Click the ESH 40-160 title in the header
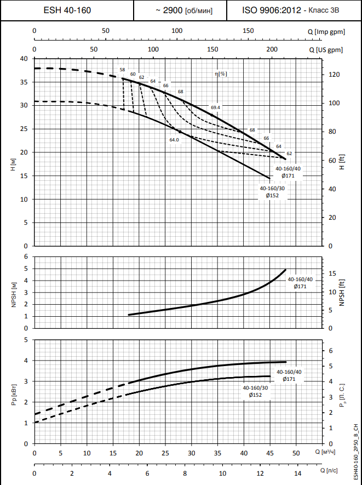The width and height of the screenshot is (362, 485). tap(67, 10)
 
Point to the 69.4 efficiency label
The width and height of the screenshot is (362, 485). tap(215, 107)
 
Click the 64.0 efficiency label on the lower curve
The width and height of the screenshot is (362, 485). tap(174, 140)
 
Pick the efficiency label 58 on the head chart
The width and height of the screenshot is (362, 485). tap(122, 70)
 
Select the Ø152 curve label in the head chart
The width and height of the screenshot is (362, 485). tap(272, 195)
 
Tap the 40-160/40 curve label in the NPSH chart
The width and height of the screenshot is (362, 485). tap(299, 279)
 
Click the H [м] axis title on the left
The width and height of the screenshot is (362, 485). tap(12, 164)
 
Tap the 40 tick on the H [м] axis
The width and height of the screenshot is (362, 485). tap(24, 59)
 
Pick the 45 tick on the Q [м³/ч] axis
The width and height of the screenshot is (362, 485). tap(269, 453)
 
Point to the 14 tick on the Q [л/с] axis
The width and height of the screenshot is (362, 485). tap(297, 472)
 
